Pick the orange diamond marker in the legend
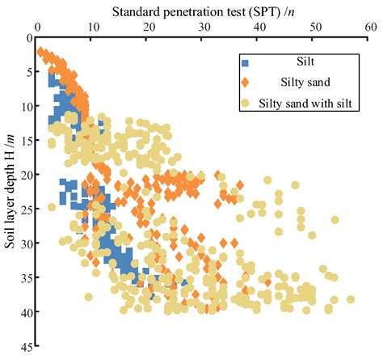coord(244,83)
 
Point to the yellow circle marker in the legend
coord(244,103)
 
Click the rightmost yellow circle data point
coord(351,299)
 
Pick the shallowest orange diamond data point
coord(41,52)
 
